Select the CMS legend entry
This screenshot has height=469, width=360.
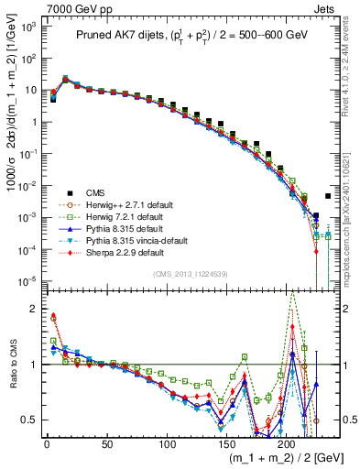(96, 192)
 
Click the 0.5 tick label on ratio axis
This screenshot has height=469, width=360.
(29, 420)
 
